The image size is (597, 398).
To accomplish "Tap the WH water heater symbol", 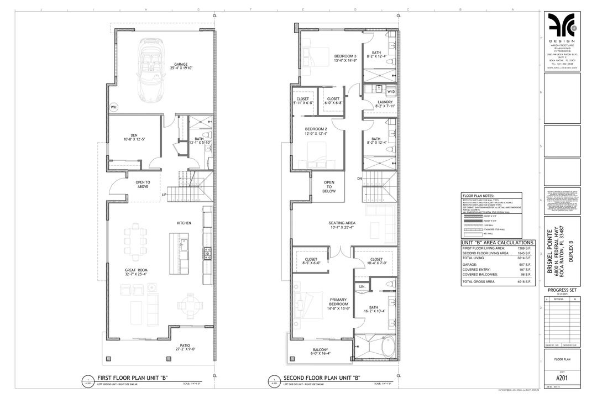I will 114,107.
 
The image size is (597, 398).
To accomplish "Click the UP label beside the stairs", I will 164,195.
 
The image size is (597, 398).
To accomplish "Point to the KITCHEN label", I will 184,223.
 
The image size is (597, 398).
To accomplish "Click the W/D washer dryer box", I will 391,91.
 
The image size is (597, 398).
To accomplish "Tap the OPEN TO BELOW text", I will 329,186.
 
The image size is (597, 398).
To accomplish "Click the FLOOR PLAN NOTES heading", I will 478,196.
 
